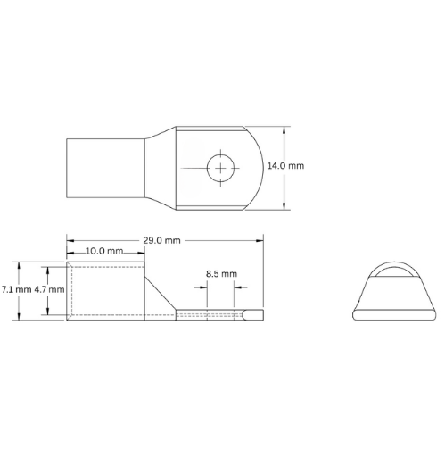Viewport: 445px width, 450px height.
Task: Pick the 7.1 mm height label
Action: (x=15, y=290)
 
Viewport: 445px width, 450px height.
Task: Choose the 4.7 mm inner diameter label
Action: (x=49, y=290)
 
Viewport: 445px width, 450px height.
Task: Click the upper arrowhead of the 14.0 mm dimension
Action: (x=284, y=128)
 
